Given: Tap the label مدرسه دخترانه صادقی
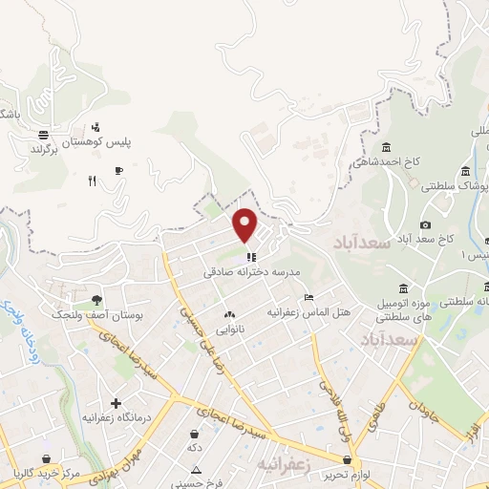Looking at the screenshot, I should coord(251,272).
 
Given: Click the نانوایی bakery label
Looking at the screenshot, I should coord(229,330).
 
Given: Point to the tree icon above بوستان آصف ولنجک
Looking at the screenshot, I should coord(96,300).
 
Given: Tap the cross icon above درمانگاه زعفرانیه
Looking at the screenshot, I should coord(116,403).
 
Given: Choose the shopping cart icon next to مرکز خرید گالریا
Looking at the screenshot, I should coord(46,459).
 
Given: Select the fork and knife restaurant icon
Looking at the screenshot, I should coord(92,180).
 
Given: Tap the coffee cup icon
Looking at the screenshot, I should coord(118,171).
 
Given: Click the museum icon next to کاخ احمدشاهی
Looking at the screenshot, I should coord(386,147).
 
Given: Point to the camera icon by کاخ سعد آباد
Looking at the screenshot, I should coord(426,223).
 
